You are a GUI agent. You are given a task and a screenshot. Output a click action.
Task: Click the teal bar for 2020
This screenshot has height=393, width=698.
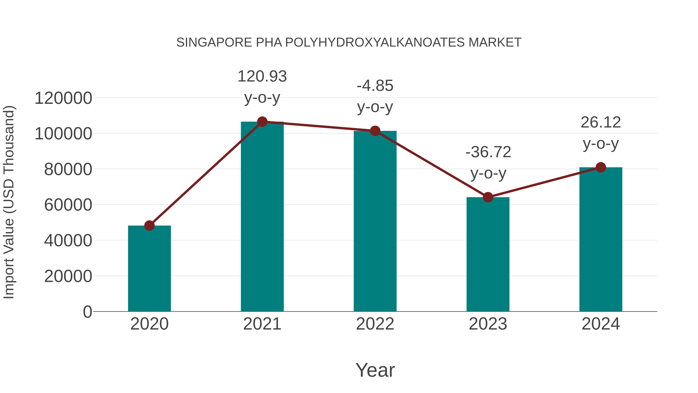149,269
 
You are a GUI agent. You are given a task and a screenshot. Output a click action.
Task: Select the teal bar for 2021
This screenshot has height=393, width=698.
262,217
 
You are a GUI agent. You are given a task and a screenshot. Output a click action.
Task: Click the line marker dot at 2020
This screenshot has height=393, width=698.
149,225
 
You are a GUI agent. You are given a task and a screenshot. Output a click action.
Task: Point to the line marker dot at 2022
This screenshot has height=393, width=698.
375,131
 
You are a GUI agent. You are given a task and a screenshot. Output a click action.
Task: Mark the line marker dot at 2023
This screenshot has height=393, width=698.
488,197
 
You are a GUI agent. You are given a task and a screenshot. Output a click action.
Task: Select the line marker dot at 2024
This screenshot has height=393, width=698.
601,167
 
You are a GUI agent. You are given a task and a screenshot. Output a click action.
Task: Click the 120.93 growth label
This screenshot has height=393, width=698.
262,76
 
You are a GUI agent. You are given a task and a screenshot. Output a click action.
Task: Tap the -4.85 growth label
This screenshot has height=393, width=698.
375,86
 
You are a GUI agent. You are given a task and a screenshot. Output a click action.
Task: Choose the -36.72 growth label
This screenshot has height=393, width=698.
488,152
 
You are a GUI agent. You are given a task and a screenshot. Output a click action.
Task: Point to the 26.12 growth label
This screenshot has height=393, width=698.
601,123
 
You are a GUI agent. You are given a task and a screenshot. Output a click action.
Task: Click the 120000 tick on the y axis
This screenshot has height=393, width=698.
63,98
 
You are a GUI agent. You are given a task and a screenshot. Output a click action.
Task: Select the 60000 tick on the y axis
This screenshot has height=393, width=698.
68,205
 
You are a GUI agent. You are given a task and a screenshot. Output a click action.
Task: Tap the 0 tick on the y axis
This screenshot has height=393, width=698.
87,312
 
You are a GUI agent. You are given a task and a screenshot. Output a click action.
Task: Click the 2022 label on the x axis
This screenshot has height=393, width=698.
375,324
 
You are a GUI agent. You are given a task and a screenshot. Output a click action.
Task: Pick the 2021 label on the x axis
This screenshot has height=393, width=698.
262,324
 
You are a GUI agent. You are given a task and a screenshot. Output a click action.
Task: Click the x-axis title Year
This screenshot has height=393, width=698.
375,370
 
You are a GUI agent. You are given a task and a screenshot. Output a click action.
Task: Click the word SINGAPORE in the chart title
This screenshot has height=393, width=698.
214,43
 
